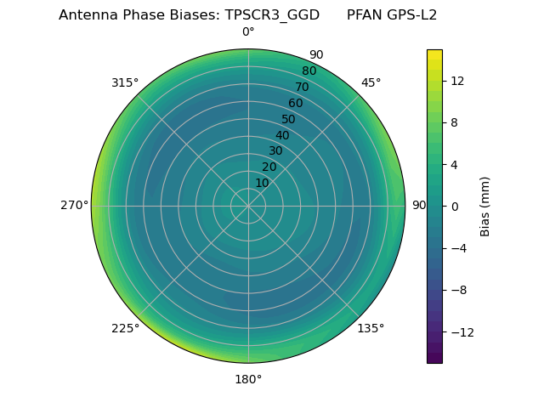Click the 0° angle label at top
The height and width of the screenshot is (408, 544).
[248, 32]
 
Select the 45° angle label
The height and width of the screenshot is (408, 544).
[371, 82]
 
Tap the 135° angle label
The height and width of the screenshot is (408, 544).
[371, 328]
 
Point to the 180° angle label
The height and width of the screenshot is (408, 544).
[248, 379]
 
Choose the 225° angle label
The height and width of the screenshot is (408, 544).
[125, 328]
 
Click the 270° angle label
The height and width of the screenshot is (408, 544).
[74, 206]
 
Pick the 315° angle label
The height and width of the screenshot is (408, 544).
[125, 82]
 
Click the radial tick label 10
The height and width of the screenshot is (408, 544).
[262, 183]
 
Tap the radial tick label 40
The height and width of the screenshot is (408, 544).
[282, 135]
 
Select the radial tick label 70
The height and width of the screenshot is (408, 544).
[302, 88]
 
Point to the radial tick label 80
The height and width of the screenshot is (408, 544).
[309, 71]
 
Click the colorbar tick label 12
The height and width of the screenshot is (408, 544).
[456, 81]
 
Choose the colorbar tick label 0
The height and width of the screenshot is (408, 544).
[453, 207]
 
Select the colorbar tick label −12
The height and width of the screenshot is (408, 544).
[460, 332]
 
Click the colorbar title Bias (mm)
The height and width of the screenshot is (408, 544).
[485, 207]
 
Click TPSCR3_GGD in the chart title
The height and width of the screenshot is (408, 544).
[272, 15]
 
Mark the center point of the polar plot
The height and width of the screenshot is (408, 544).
[248, 206]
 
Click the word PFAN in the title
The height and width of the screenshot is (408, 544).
[364, 15]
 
